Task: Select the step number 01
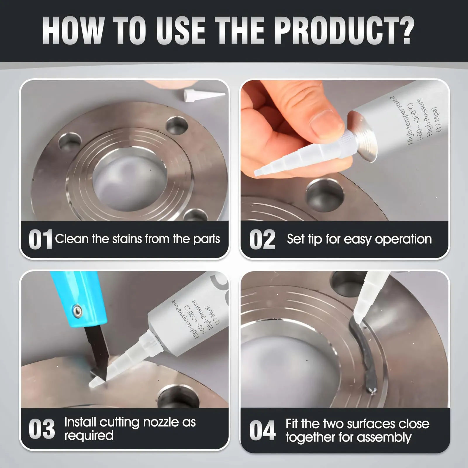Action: coord(40,240)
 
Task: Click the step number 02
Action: coord(262,240)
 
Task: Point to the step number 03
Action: coord(42,429)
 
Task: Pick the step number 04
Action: coord(262,430)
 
